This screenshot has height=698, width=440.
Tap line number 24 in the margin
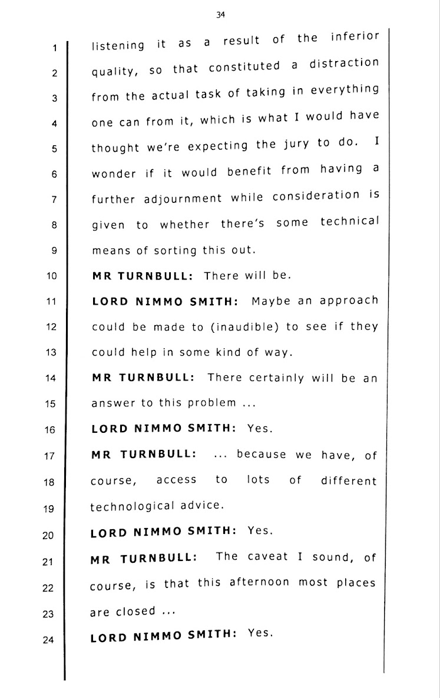[49, 641]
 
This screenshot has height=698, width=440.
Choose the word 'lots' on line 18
[258, 480]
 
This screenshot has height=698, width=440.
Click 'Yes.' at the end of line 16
[260, 429]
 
